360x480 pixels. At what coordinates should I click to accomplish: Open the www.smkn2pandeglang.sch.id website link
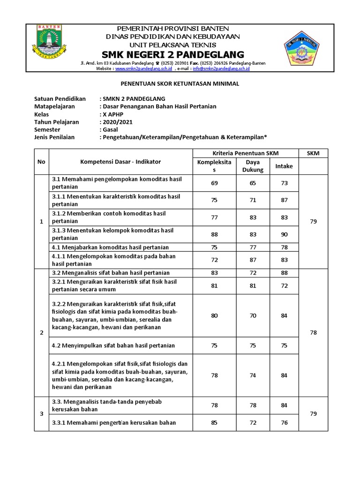tap(143, 68)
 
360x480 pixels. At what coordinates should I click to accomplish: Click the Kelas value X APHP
tap(114, 114)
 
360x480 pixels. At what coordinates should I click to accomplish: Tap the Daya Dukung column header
tap(253, 166)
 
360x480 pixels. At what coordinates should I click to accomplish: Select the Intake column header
tap(284, 166)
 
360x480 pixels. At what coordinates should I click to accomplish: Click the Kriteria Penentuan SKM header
tap(246, 153)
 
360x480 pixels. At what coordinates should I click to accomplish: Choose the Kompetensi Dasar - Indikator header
tap(120, 161)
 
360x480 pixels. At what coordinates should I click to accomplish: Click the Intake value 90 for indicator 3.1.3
tap(284, 234)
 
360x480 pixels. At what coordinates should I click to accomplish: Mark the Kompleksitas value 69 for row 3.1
tap(214, 183)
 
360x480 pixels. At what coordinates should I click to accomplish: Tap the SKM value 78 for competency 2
tap(313, 332)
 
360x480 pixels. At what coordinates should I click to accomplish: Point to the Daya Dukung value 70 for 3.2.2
tap(253, 315)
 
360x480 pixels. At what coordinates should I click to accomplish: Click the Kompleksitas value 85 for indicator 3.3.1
tap(214, 422)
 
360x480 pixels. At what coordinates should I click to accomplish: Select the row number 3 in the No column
tap(41, 414)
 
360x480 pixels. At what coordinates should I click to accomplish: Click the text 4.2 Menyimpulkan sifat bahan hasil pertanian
tap(113, 345)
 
